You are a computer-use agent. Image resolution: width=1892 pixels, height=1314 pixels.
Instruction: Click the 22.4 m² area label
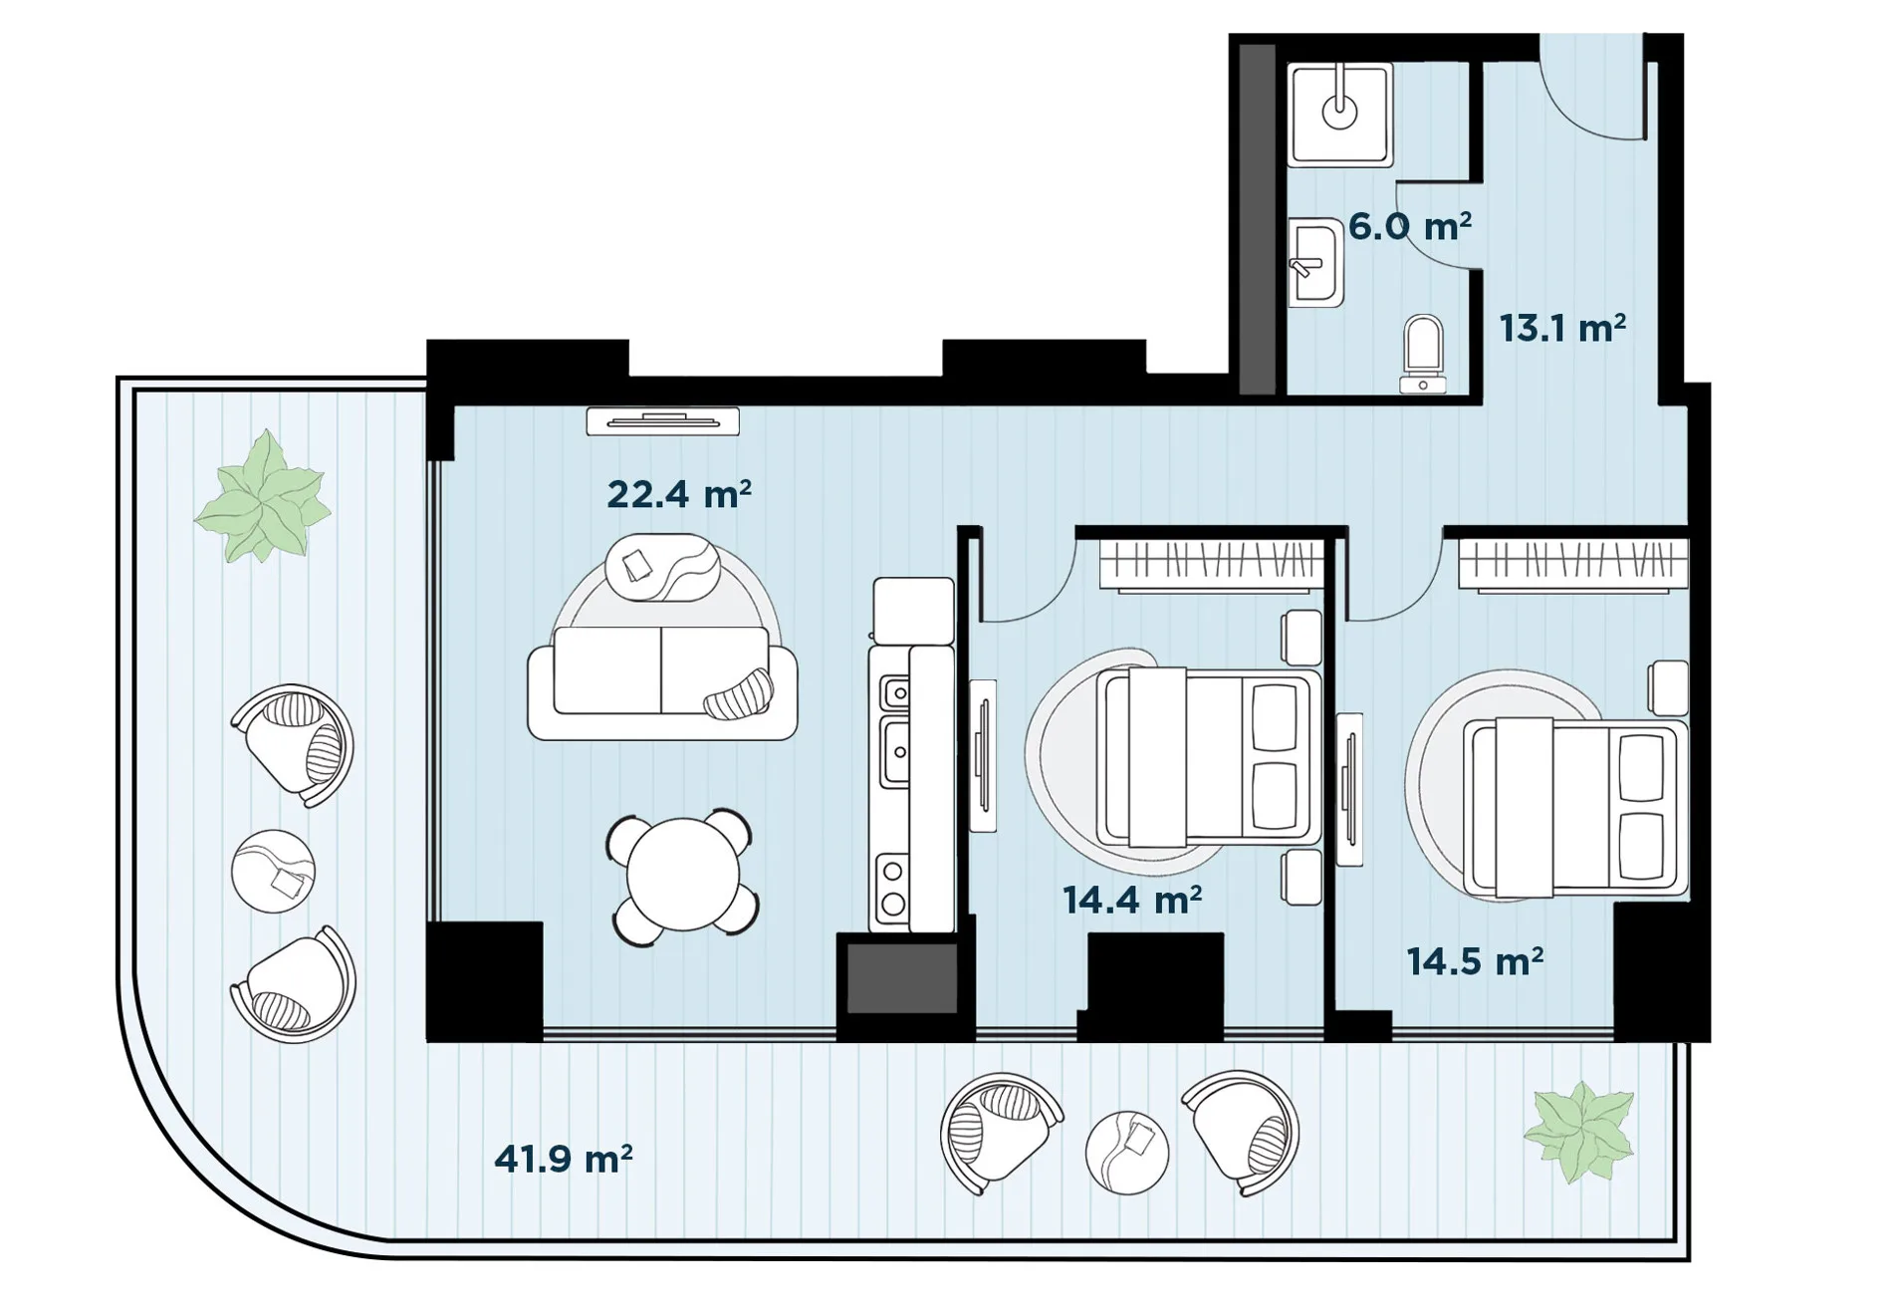click(x=679, y=494)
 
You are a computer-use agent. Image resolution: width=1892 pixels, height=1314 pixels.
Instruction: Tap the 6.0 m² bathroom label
click(x=1410, y=226)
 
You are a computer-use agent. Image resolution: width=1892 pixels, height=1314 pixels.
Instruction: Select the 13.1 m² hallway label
click(x=1562, y=328)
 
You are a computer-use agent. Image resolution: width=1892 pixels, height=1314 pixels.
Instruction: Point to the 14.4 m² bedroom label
click(x=1132, y=900)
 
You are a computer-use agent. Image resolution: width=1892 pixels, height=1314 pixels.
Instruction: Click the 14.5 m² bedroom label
click(x=1475, y=961)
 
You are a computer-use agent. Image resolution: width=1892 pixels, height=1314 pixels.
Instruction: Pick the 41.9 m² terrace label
click(x=564, y=1159)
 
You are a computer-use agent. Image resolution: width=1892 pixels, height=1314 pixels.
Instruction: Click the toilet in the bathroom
click(x=1423, y=355)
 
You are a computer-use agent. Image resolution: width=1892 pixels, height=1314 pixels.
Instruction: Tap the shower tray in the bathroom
click(x=1340, y=115)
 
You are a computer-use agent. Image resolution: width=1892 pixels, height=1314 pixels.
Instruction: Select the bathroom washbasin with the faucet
click(x=1315, y=263)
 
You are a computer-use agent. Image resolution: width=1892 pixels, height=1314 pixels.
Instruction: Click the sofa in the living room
click(x=662, y=682)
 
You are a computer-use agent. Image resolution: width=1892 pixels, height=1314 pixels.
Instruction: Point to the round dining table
click(x=683, y=876)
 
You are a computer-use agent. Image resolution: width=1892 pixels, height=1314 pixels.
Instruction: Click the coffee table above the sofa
click(x=662, y=567)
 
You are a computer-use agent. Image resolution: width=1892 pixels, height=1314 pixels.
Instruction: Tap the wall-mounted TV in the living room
click(x=663, y=421)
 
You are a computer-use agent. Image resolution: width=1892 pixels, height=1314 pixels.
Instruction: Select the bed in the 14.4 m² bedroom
click(x=1209, y=757)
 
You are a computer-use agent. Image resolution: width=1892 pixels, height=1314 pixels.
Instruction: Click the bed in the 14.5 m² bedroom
click(x=1575, y=807)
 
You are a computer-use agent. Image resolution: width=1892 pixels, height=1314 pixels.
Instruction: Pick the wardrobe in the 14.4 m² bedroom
click(x=1211, y=565)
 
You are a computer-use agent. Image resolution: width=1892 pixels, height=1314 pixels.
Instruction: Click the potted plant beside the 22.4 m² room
click(x=263, y=497)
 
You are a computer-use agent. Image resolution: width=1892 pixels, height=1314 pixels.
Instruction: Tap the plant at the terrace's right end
click(x=1579, y=1132)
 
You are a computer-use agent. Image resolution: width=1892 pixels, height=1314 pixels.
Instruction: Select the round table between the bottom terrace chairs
click(x=1127, y=1152)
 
